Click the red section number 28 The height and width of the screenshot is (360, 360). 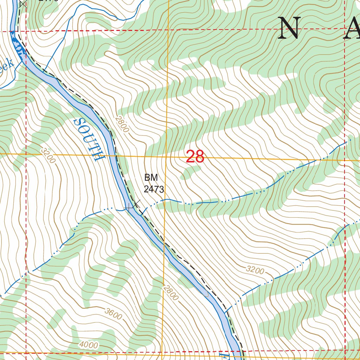195,157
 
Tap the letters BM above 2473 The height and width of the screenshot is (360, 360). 150,178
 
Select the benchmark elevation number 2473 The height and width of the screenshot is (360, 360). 154,189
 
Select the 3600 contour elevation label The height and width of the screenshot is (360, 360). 113,314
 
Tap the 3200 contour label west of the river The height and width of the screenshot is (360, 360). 48,155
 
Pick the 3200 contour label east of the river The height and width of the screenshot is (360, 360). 255,270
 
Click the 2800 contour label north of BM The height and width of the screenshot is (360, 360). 122,124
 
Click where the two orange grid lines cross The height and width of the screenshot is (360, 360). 166,156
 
